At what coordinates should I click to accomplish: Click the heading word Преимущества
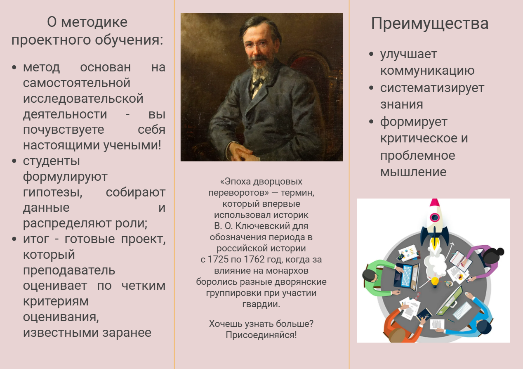pyautogui.click(x=430, y=24)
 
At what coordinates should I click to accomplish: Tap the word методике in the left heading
pyautogui.click(x=94, y=22)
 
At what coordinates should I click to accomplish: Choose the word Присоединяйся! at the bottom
pyautogui.click(x=261, y=335)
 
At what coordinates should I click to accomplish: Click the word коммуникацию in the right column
pyautogui.click(x=427, y=71)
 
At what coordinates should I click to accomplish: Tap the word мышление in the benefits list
pyautogui.click(x=413, y=172)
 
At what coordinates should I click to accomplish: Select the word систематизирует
pyautogui.click(x=432, y=88)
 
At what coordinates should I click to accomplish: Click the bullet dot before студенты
pyautogui.click(x=14, y=161)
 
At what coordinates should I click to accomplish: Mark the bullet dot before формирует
pyautogui.click(x=371, y=121)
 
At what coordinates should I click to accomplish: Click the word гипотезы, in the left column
pyautogui.click(x=52, y=193)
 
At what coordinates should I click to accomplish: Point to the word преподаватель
pyautogui.click(x=69, y=271)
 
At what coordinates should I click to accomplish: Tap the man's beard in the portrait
pyautogui.click(x=261, y=70)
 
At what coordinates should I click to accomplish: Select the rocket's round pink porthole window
pyautogui.click(x=434, y=218)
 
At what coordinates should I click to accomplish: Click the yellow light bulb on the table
pyautogui.click(x=435, y=282)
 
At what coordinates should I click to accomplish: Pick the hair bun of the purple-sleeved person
pyautogui.click(x=501, y=252)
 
